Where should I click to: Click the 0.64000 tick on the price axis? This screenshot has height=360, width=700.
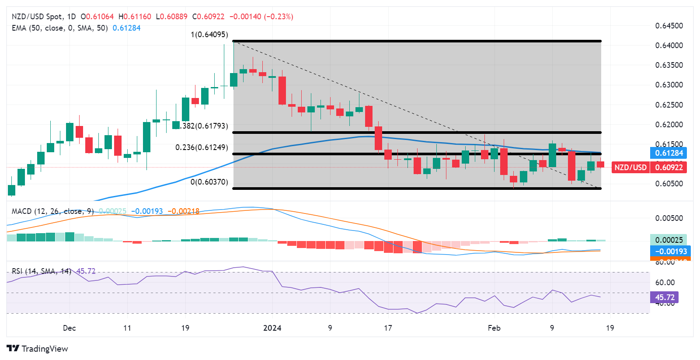pyautogui.click(x=669, y=45)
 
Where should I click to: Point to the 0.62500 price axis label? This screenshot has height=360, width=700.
pyautogui.click(x=669, y=105)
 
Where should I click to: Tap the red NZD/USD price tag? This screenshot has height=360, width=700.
pyautogui.click(x=630, y=168)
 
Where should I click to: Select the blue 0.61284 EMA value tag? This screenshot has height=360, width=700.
pyautogui.click(x=669, y=153)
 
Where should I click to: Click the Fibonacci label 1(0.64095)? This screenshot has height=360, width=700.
pyautogui.click(x=209, y=35)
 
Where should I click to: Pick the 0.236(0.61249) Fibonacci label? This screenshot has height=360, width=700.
pyautogui.click(x=202, y=147)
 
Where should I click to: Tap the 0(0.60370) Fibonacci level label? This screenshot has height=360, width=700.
pyautogui.click(x=209, y=182)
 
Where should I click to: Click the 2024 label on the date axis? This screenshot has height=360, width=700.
pyautogui.click(x=272, y=328)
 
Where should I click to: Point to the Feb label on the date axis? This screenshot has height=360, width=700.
pyautogui.click(x=494, y=328)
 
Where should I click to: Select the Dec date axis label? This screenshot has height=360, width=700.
pyautogui.click(x=69, y=328)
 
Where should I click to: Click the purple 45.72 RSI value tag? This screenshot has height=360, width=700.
pyautogui.click(x=665, y=297)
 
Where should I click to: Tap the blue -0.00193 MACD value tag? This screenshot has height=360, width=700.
pyautogui.click(x=671, y=252)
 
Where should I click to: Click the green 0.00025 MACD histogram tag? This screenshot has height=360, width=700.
pyautogui.click(x=669, y=240)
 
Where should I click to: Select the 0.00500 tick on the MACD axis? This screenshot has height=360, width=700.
pyautogui.click(x=669, y=218)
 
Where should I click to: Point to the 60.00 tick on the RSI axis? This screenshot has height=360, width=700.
pyautogui.click(x=665, y=283)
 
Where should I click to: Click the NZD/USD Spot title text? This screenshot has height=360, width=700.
pyautogui.click(x=37, y=17)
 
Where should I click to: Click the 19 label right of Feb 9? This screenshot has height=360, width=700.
pyautogui.click(x=609, y=328)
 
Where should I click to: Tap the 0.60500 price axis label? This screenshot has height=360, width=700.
pyautogui.click(x=669, y=184)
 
